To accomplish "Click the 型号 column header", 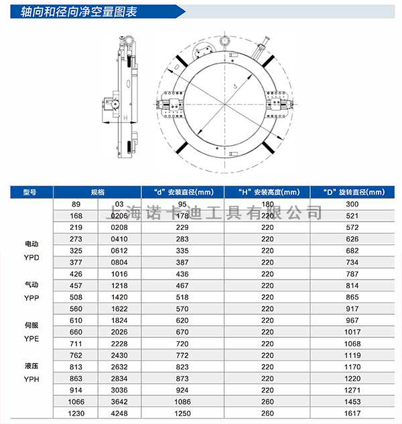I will (x=29, y=192).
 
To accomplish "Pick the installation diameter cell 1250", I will (x=182, y=415).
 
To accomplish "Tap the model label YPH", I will (x=31, y=379).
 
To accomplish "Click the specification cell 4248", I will (x=119, y=415).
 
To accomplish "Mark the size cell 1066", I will (x=76, y=403).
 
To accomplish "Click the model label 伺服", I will (x=31, y=325).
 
